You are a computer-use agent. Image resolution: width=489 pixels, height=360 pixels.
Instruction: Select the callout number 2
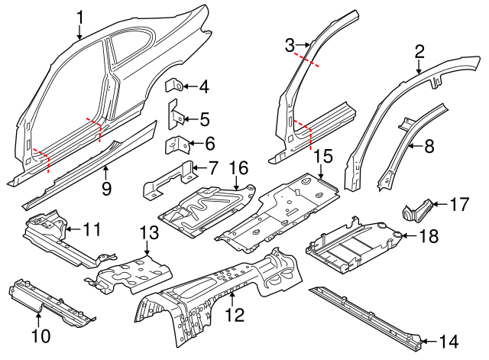tap(419, 51)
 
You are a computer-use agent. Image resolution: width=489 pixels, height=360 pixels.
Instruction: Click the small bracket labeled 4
tap(174, 86)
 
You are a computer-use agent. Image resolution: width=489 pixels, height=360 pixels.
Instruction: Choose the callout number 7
tap(212, 166)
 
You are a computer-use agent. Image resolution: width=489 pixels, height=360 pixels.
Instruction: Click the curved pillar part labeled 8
tap(400, 149)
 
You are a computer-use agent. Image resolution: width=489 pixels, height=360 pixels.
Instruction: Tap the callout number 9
tap(106, 187)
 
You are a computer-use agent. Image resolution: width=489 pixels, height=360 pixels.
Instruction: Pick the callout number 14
tap(451, 342)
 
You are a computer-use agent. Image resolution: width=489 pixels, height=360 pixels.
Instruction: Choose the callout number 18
tap(429, 237)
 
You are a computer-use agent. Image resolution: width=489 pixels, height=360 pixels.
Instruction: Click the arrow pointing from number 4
tap(188, 87)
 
